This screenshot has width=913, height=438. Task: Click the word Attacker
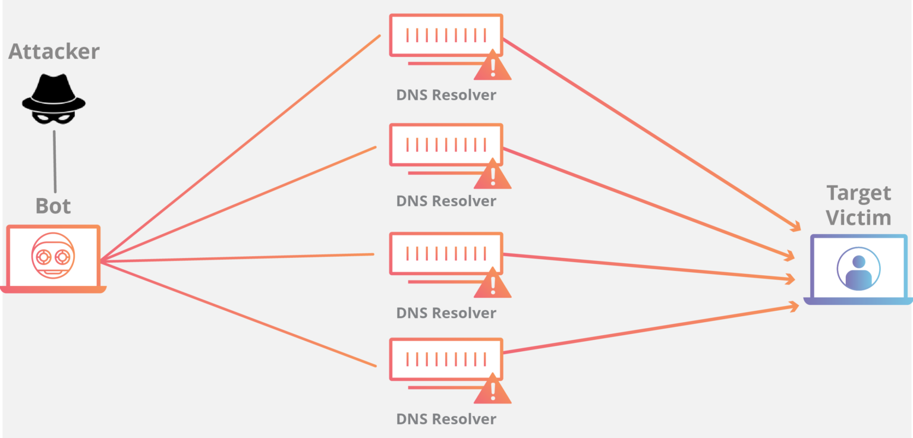53,52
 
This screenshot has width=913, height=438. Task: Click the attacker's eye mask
53,117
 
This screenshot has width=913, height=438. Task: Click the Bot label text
53,206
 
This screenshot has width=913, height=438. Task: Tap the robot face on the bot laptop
53,257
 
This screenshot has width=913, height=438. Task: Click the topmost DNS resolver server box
446,35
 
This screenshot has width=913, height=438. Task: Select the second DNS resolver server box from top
446,144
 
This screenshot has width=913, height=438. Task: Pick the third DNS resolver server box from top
446,253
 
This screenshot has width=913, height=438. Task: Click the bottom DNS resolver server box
446,359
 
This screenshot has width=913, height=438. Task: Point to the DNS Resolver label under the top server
446,95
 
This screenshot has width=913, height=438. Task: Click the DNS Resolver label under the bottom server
446,419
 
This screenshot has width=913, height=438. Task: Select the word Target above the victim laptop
859,193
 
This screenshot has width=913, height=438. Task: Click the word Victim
859,218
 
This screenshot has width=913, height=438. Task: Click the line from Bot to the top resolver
238,149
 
